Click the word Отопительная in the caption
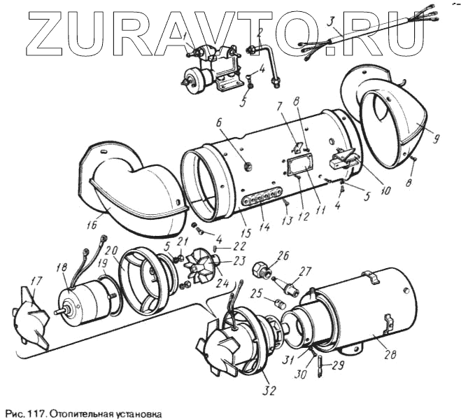coord(74,413)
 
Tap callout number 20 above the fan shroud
coord(111,251)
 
